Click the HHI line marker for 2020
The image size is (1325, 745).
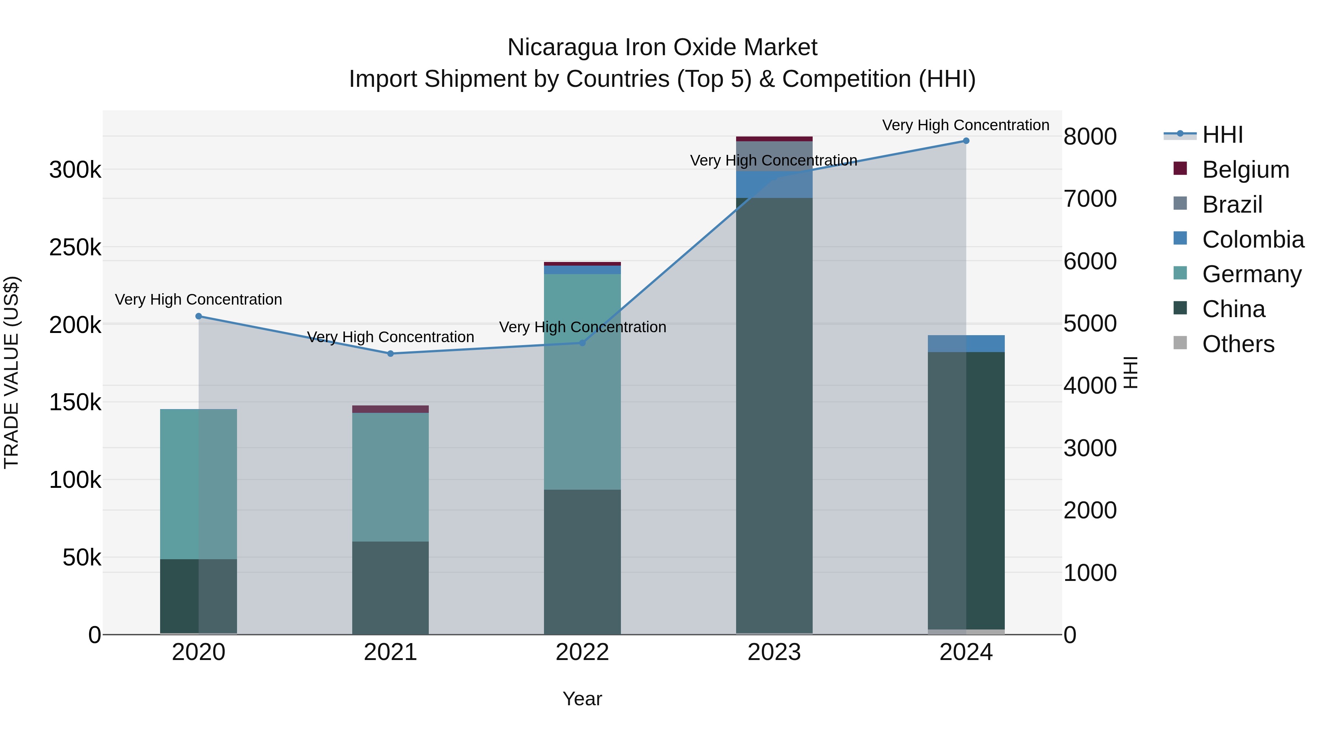click(x=198, y=316)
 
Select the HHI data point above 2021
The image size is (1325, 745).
click(x=391, y=354)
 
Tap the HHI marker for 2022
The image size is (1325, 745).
click(x=582, y=343)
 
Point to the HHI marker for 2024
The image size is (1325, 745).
click(x=966, y=141)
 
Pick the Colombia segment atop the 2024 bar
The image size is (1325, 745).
click(x=966, y=344)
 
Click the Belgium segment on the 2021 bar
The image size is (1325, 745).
click(x=391, y=409)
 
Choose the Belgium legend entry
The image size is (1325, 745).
click(x=1245, y=170)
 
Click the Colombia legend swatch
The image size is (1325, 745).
click(x=1180, y=238)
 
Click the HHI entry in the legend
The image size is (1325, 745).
click(x=1222, y=135)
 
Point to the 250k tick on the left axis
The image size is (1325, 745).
click(x=75, y=247)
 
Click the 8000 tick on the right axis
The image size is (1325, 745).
click(x=1090, y=137)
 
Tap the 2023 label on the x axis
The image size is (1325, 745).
click(x=774, y=652)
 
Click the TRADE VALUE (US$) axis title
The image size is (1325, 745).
click(x=12, y=372)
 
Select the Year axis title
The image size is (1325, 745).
click(x=582, y=699)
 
